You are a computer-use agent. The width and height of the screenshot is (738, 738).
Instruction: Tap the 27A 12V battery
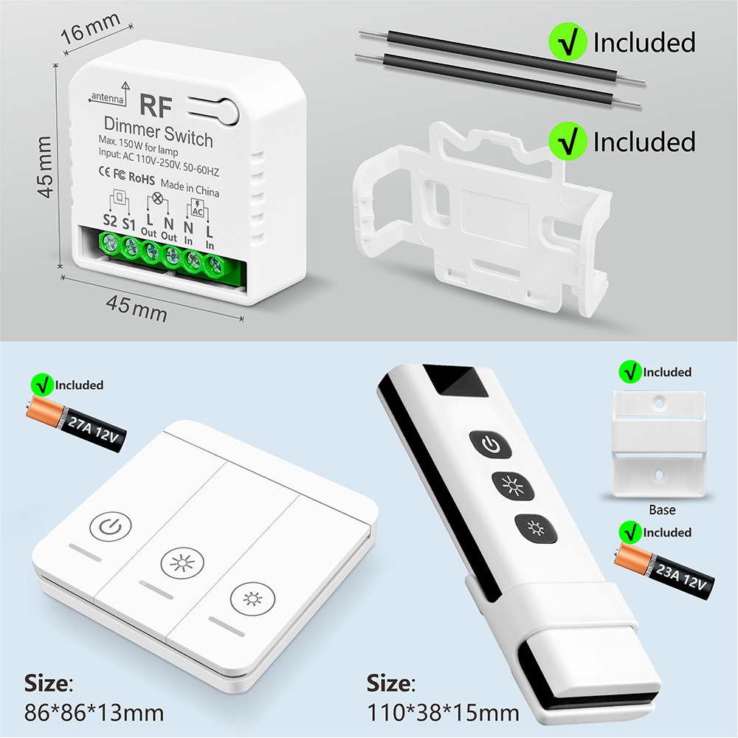point(76,424)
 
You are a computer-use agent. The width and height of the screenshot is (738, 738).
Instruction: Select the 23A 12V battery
point(663,570)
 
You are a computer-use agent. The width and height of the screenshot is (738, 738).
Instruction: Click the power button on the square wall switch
point(111,526)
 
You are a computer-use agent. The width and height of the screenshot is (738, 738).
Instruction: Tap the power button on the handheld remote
point(491,444)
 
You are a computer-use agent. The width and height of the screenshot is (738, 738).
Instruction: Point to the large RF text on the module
point(156,106)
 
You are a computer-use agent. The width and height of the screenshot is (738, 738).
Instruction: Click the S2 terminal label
point(110,220)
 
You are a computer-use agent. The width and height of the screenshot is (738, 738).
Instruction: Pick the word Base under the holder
point(662,510)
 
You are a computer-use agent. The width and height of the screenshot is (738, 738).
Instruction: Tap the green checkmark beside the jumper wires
point(568,41)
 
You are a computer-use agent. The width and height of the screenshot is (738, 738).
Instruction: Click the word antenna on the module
point(107,97)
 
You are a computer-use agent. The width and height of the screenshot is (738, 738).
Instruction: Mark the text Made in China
point(190,187)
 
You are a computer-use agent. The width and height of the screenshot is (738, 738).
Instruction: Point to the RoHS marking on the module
point(142,178)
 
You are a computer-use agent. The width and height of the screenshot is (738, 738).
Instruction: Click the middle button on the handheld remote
point(513,486)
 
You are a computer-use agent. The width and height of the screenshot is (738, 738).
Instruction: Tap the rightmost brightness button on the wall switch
point(252,599)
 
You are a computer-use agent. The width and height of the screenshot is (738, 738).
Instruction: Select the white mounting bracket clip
point(483,219)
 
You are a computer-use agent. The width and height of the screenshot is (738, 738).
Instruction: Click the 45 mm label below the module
point(137,308)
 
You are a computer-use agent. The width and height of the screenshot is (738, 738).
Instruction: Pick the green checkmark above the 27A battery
point(42,384)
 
